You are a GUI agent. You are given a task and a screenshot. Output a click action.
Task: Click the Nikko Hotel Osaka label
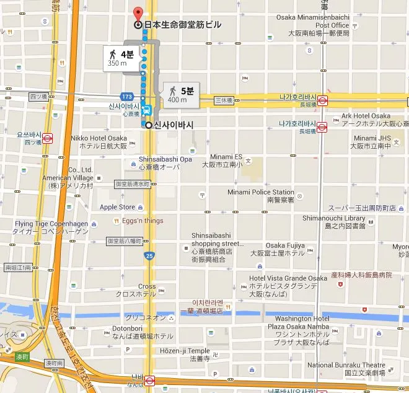[x=99, y=142]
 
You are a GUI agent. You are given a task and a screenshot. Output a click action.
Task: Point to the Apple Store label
[x=117, y=207]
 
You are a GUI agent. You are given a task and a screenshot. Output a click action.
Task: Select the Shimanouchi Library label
[x=334, y=222]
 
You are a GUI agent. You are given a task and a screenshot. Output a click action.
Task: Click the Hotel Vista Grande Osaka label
[x=288, y=282]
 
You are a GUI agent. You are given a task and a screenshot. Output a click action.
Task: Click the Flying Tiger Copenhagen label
[x=51, y=227]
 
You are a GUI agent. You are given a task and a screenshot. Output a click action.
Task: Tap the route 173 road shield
[x=127, y=97]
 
